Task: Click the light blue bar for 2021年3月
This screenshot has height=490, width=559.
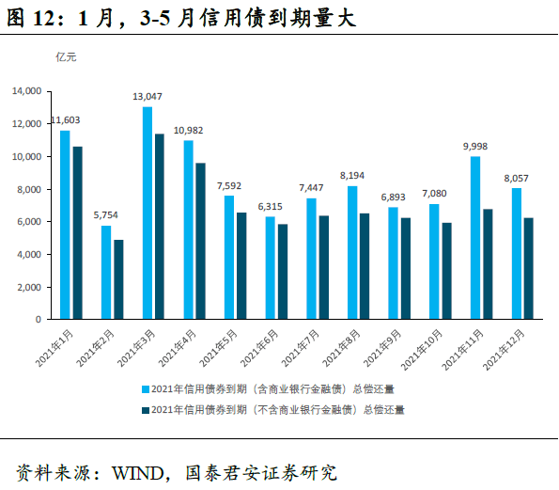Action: [148, 213]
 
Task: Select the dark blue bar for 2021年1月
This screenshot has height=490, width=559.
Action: [77, 233]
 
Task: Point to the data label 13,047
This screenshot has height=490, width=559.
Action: [148, 97]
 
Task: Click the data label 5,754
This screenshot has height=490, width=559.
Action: [106, 216]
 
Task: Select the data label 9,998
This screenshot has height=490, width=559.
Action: [475, 147]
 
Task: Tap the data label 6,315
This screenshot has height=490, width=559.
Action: [270, 207]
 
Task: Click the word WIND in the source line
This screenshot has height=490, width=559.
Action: [139, 470]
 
